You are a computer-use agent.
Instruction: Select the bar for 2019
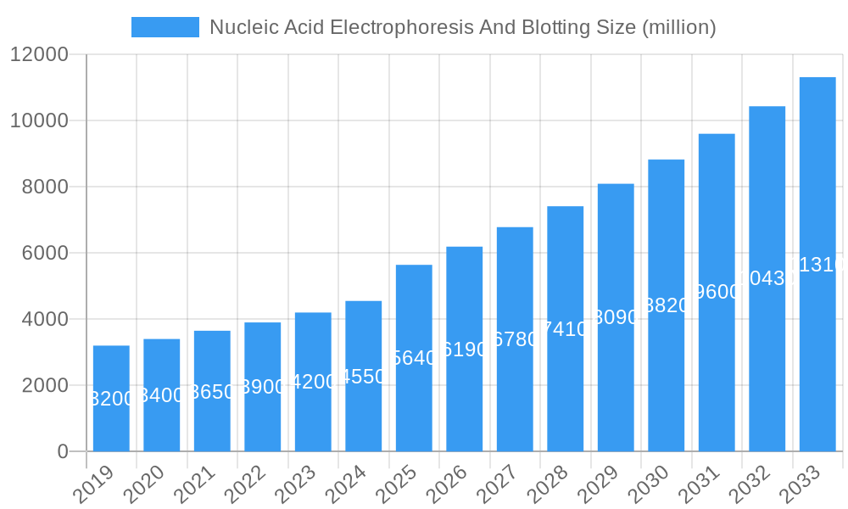click(x=111, y=399)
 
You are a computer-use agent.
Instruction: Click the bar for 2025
click(x=414, y=358)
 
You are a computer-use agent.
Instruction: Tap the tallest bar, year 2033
click(x=817, y=264)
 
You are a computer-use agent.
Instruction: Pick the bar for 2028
click(x=565, y=328)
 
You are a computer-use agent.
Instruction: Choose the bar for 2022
click(x=262, y=387)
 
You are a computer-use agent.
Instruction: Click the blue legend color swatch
click(x=165, y=27)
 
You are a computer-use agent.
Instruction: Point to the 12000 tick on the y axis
click(x=39, y=54)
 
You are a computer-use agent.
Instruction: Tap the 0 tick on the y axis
click(x=63, y=451)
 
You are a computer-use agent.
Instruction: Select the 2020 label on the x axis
click(x=143, y=484)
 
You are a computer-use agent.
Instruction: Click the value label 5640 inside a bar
click(x=414, y=358)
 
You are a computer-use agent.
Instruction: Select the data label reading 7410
click(x=565, y=329)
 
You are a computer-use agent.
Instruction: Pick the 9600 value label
click(x=717, y=293)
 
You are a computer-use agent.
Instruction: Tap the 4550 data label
click(x=363, y=377)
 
